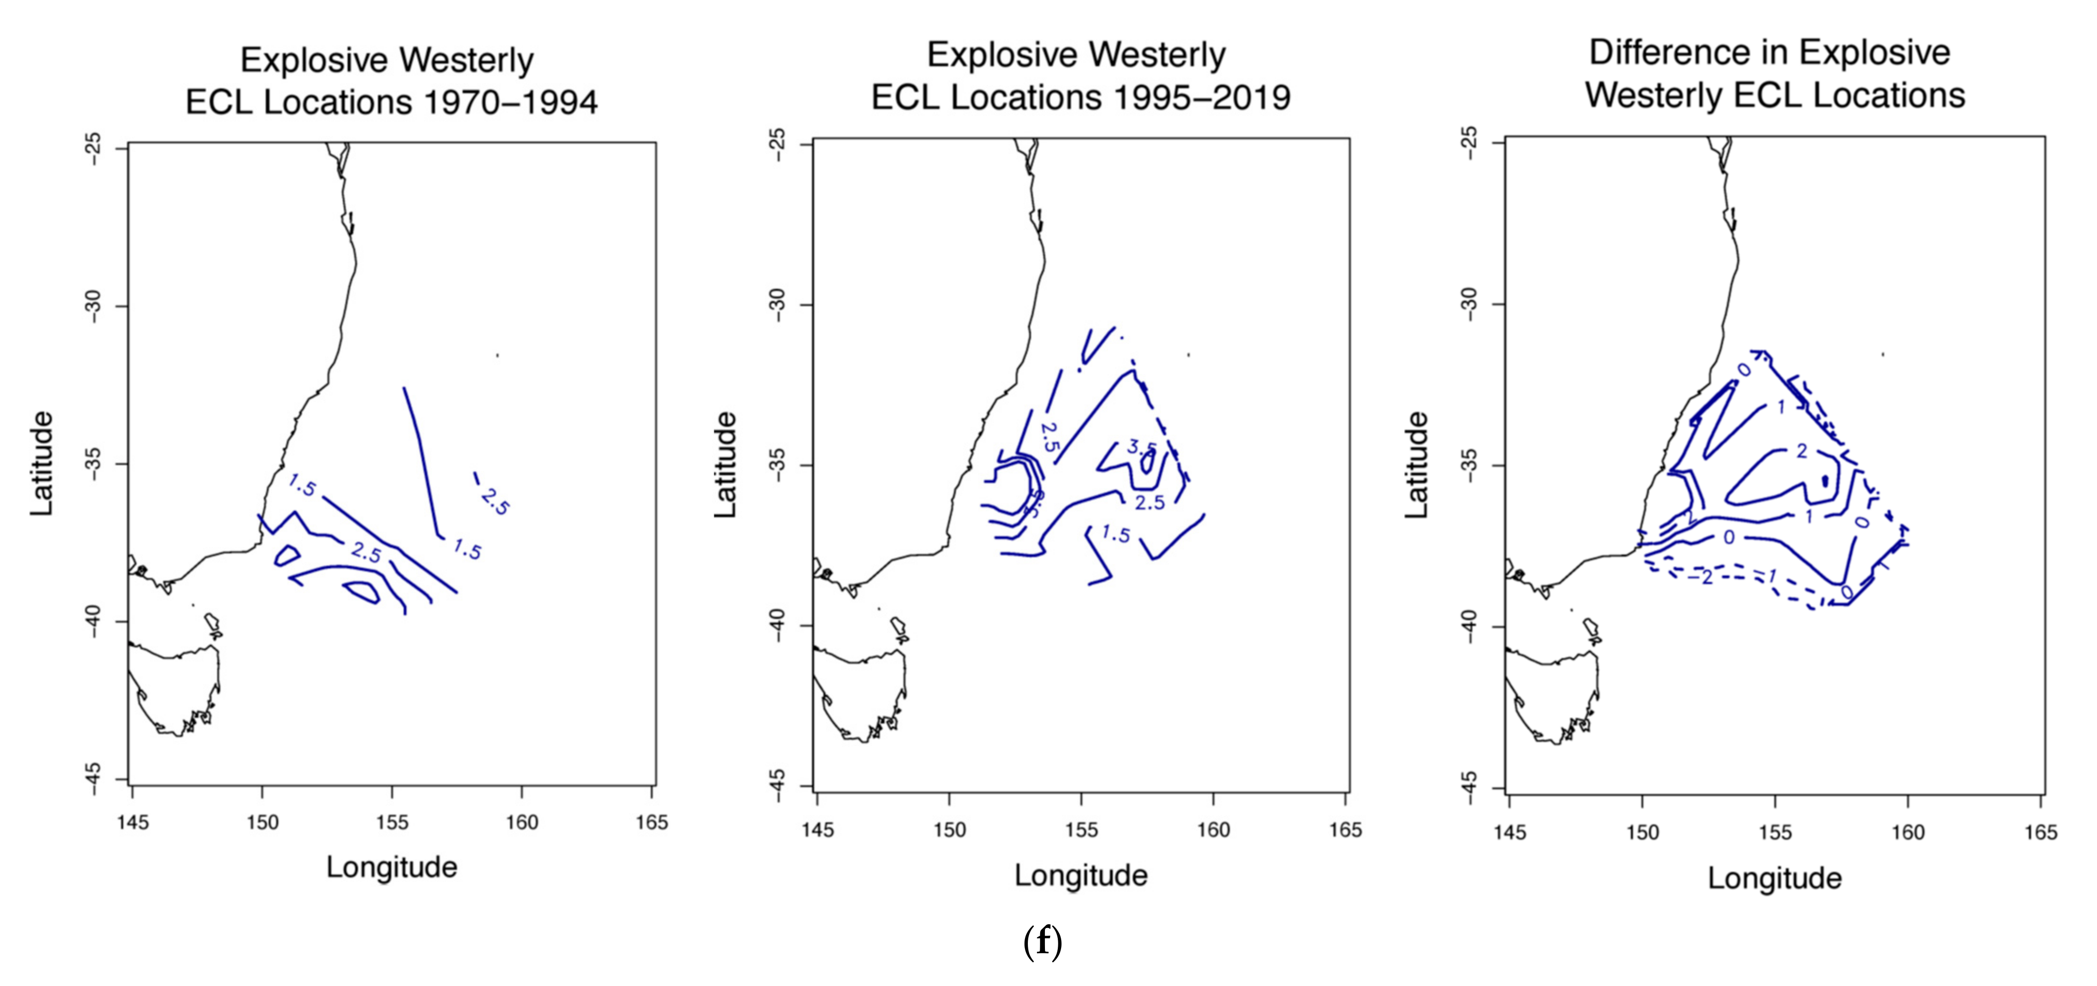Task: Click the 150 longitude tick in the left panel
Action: (x=262, y=822)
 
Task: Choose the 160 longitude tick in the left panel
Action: (x=522, y=822)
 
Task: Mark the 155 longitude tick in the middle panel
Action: (x=1081, y=830)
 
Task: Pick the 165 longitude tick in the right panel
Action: (x=2040, y=832)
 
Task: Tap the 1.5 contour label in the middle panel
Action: (x=1115, y=534)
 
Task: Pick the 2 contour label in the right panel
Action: (x=1801, y=450)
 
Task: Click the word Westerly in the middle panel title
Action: (x=1156, y=55)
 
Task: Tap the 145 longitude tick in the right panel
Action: (x=1509, y=832)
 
